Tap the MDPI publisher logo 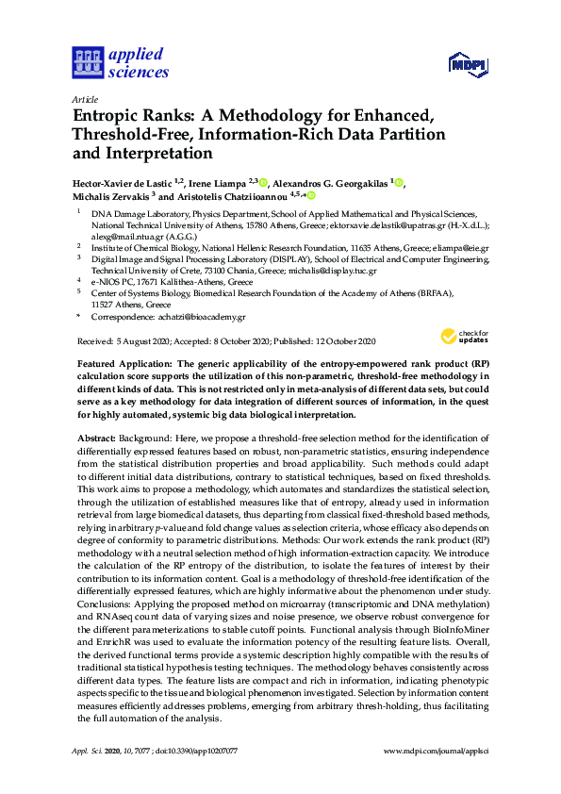pos(467,65)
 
